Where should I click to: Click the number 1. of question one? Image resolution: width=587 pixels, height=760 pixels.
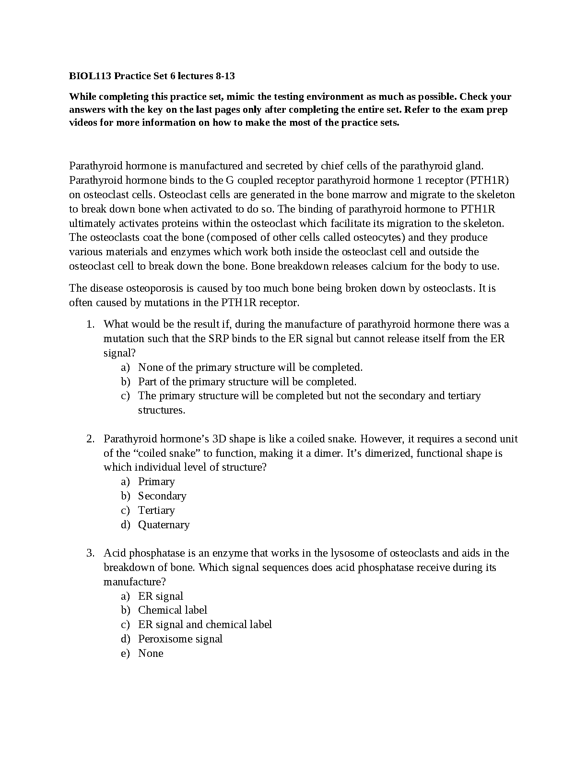coord(90,324)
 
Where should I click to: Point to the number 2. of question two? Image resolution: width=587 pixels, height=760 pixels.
coord(90,439)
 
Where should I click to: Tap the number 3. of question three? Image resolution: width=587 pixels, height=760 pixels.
coord(90,553)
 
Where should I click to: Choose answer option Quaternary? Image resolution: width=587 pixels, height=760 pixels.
coord(164,525)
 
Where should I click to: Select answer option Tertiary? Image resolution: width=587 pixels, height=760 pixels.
coord(156,511)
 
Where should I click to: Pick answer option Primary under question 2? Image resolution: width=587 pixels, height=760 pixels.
coord(156,482)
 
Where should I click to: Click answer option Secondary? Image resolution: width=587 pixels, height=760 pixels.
coord(162,496)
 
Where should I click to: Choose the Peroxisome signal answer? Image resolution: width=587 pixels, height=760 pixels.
coord(180,639)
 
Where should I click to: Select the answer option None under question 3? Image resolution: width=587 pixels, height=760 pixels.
coord(151,653)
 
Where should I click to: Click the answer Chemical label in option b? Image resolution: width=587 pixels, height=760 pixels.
coord(173,610)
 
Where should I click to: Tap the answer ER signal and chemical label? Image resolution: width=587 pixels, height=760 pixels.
coord(205,625)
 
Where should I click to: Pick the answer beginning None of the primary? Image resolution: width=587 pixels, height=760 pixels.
coord(250,368)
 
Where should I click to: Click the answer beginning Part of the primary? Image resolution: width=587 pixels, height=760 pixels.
coord(247,382)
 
